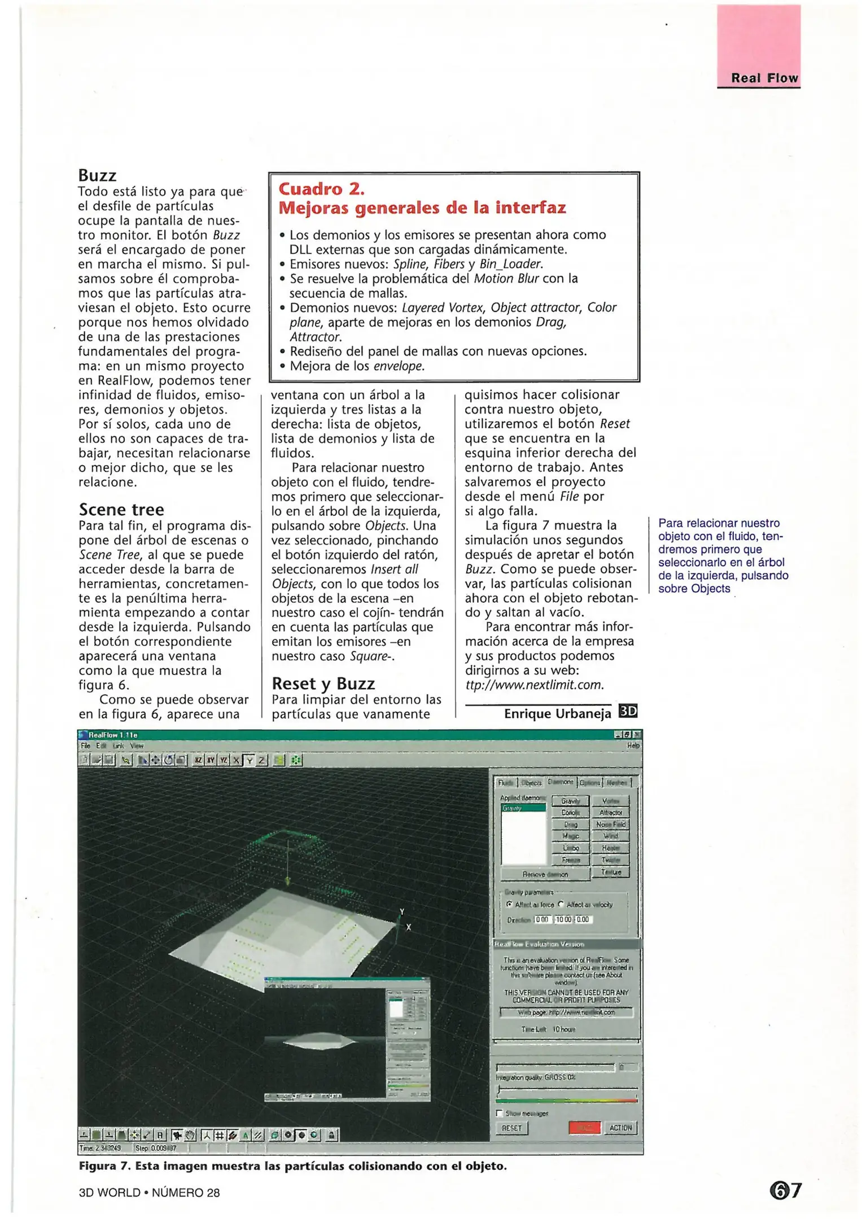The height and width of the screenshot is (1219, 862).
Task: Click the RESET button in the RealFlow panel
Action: click(x=511, y=1128)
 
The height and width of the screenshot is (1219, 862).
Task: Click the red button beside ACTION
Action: click(x=584, y=1128)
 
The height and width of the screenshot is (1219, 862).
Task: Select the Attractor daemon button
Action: click(x=611, y=813)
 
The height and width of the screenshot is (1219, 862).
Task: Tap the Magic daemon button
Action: click(x=570, y=836)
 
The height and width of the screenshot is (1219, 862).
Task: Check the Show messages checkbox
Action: click(x=499, y=1113)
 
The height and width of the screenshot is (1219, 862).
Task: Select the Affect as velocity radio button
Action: click(x=561, y=904)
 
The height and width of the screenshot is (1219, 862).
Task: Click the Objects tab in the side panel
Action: click(x=531, y=783)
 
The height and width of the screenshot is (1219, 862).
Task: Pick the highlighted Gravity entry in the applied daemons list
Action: click(x=523, y=808)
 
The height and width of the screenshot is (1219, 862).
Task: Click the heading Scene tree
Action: click(x=121, y=510)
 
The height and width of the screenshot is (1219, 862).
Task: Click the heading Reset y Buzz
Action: click(x=323, y=683)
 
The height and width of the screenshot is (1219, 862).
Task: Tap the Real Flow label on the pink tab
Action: click(x=764, y=78)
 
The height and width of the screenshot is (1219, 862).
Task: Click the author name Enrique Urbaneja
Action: click(x=557, y=713)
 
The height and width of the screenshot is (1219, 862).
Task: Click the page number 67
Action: click(x=785, y=1191)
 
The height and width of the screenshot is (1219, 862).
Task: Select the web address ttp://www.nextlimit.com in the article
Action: click(x=534, y=685)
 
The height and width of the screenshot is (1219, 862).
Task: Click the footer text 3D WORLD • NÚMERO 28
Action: click(x=149, y=1192)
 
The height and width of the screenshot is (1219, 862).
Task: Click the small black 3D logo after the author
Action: click(x=628, y=711)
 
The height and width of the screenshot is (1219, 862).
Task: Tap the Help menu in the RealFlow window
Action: click(x=633, y=746)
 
